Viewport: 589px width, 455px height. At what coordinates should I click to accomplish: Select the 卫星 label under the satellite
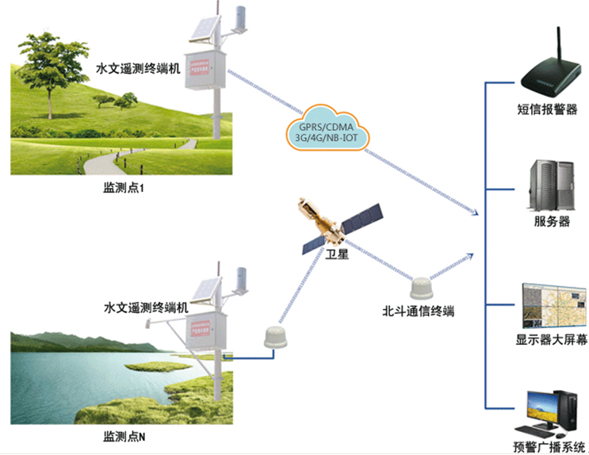[x=337, y=256]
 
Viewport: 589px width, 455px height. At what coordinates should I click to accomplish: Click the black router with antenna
[x=545, y=71]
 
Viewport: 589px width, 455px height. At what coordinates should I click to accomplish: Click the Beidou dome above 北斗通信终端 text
[x=421, y=287]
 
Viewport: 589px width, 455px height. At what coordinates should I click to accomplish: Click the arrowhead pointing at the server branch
[x=474, y=212]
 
